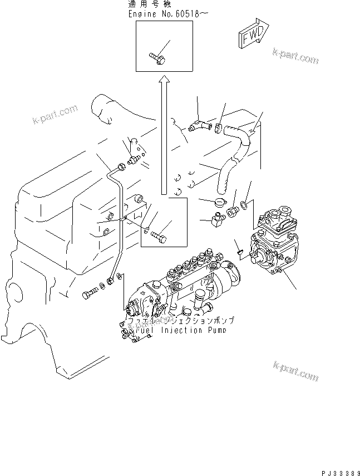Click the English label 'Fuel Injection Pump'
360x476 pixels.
(184, 330)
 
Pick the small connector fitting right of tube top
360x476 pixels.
(133, 159)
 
